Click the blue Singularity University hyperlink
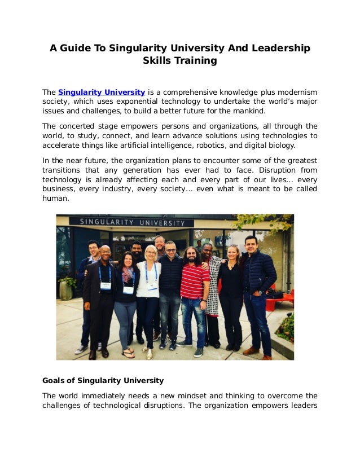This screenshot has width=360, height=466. (x=102, y=92)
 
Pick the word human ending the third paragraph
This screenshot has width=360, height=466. (x=55, y=199)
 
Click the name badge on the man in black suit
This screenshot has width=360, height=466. (x=105, y=285)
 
